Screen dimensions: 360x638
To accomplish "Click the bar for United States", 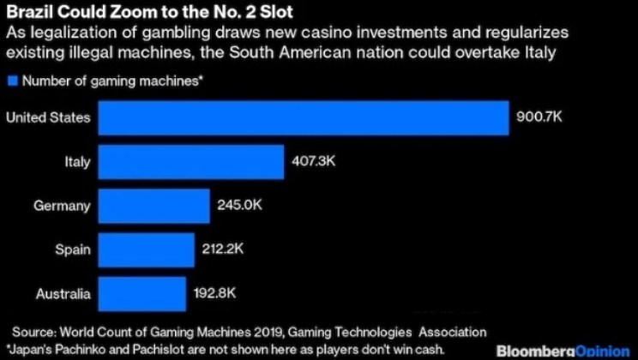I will pyautogui.click(x=304, y=117).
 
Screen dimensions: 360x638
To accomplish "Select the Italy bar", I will pyautogui.click(x=191, y=161).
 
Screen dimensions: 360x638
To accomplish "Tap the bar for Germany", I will pyautogui.click(x=154, y=206).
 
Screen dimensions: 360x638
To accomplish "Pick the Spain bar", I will pyautogui.click(x=146, y=249).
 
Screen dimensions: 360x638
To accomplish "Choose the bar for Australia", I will pyautogui.click(x=141, y=294).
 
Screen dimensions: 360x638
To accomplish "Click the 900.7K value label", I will pyautogui.click(x=538, y=117).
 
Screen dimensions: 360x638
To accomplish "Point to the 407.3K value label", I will pyautogui.click(x=312, y=161).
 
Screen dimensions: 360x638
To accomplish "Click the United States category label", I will pyautogui.click(x=48, y=117).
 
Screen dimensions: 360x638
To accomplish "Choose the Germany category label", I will pyautogui.click(x=62, y=206).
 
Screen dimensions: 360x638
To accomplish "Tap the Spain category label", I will pyautogui.click(x=71, y=249).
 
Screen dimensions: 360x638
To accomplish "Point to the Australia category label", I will pyautogui.click(x=63, y=294).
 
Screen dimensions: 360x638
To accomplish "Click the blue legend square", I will pyautogui.click(x=11, y=81).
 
